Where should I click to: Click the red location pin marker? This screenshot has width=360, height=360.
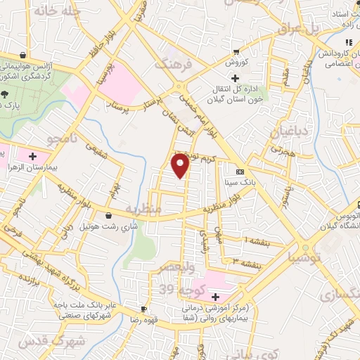(181, 166)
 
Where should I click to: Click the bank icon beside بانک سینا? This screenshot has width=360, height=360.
(240, 172)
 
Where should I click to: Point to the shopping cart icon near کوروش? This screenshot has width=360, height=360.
(236, 51)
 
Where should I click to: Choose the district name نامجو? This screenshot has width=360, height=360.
(60, 139)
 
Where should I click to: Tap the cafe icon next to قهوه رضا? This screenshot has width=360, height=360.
(144, 309)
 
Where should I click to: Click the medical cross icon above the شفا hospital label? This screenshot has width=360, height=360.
(216, 297)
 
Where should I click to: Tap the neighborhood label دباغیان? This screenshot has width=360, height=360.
(286, 132)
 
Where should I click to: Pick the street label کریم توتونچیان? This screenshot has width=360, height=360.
(197, 155)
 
